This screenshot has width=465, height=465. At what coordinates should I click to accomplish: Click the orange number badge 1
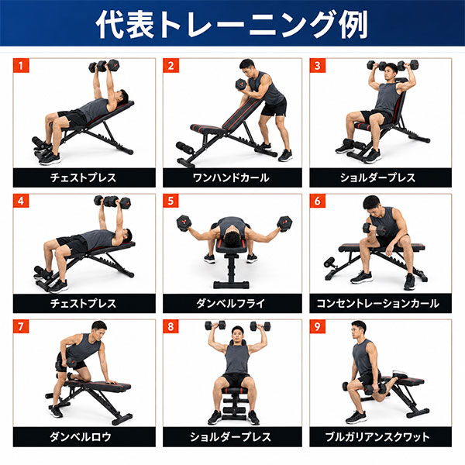tap(21, 66)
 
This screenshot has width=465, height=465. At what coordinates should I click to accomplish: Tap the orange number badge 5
tap(170, 201)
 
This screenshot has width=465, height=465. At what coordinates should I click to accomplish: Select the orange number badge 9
tap(318, 326)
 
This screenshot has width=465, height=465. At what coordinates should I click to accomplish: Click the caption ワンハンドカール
tap(231, 178)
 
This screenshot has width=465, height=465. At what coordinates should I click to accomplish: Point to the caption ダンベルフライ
tap(231, 304)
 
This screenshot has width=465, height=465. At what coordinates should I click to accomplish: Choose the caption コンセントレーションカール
tap(378, 304)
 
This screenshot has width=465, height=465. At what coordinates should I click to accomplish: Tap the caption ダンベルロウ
tap(80, 437)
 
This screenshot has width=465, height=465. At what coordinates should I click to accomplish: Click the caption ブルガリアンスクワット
tap(377, 437)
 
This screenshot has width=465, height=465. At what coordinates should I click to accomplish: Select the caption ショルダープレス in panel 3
tap(378, 178)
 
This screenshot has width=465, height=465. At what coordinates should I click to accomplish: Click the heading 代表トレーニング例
tap(232, 24)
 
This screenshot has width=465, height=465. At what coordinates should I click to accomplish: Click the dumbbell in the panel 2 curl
tap(241, 84)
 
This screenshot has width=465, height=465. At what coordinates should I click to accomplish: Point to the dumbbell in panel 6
tap(373, 229)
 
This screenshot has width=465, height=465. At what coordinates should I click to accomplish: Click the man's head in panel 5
tap(232, 239)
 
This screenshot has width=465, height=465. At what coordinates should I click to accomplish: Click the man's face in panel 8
tap(238, 335)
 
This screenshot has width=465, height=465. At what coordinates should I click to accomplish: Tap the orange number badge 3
tap(318, 66)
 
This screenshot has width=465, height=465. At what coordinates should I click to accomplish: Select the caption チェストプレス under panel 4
tap(84, 304)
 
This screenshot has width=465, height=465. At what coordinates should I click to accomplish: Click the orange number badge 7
tap(21, 326)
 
